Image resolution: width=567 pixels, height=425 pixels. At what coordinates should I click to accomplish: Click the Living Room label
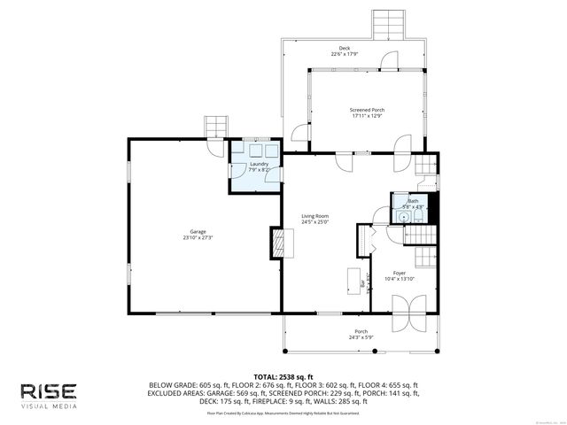pos(315,216)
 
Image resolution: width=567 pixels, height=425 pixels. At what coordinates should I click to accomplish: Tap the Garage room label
pos(197,232)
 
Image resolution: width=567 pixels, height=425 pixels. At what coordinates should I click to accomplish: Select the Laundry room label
pos(259,164)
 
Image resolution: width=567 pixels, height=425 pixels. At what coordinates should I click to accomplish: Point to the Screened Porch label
pos(367,110)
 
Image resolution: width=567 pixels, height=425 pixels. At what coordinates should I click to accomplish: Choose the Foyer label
pos(400,273)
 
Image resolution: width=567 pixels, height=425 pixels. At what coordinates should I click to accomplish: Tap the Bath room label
pos(413,201)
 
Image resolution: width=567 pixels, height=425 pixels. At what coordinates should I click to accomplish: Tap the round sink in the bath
pos(403,215)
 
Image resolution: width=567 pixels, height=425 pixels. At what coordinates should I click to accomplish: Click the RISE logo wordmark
pos(49,390)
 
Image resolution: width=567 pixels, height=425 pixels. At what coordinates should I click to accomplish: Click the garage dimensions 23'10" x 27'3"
pos(197,238)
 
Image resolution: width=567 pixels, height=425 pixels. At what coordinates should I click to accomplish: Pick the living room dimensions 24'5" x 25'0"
pos(315,222)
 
